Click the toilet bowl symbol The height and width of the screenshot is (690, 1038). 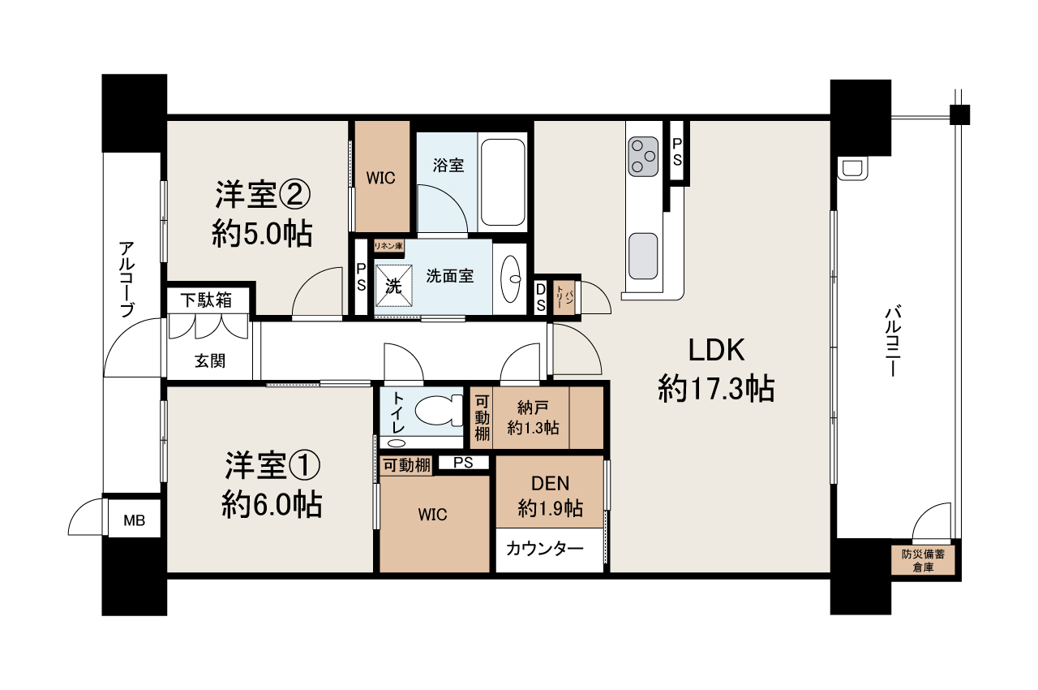pos(439,410)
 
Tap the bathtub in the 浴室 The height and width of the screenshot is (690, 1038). pos(503,182)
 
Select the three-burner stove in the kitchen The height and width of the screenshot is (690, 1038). pos(643,157)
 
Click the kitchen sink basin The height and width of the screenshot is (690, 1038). pos(643,256)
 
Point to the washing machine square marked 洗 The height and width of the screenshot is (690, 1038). pos(393,286)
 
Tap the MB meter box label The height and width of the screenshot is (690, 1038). pos(135,520)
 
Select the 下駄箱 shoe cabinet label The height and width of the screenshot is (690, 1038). pos(206,300)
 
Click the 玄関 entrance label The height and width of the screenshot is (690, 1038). pos(210,360)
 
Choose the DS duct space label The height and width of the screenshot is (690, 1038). pos(540,298)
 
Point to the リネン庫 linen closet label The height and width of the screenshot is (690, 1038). pos(388,246)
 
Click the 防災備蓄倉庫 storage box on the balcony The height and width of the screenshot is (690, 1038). pos(923,560)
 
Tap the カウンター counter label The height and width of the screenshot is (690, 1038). pos(544,549)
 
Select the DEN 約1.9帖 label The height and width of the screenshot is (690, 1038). pos(551,496)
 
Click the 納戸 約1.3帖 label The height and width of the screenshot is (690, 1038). pos(533,418)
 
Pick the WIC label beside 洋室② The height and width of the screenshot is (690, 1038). pos(381,178)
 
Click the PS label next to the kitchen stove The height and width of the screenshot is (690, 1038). pos(677,152)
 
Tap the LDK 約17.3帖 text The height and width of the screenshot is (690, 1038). pos(716,369)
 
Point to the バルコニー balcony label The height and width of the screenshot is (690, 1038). pos(893,341)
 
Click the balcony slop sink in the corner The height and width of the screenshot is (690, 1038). pos(851,169)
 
